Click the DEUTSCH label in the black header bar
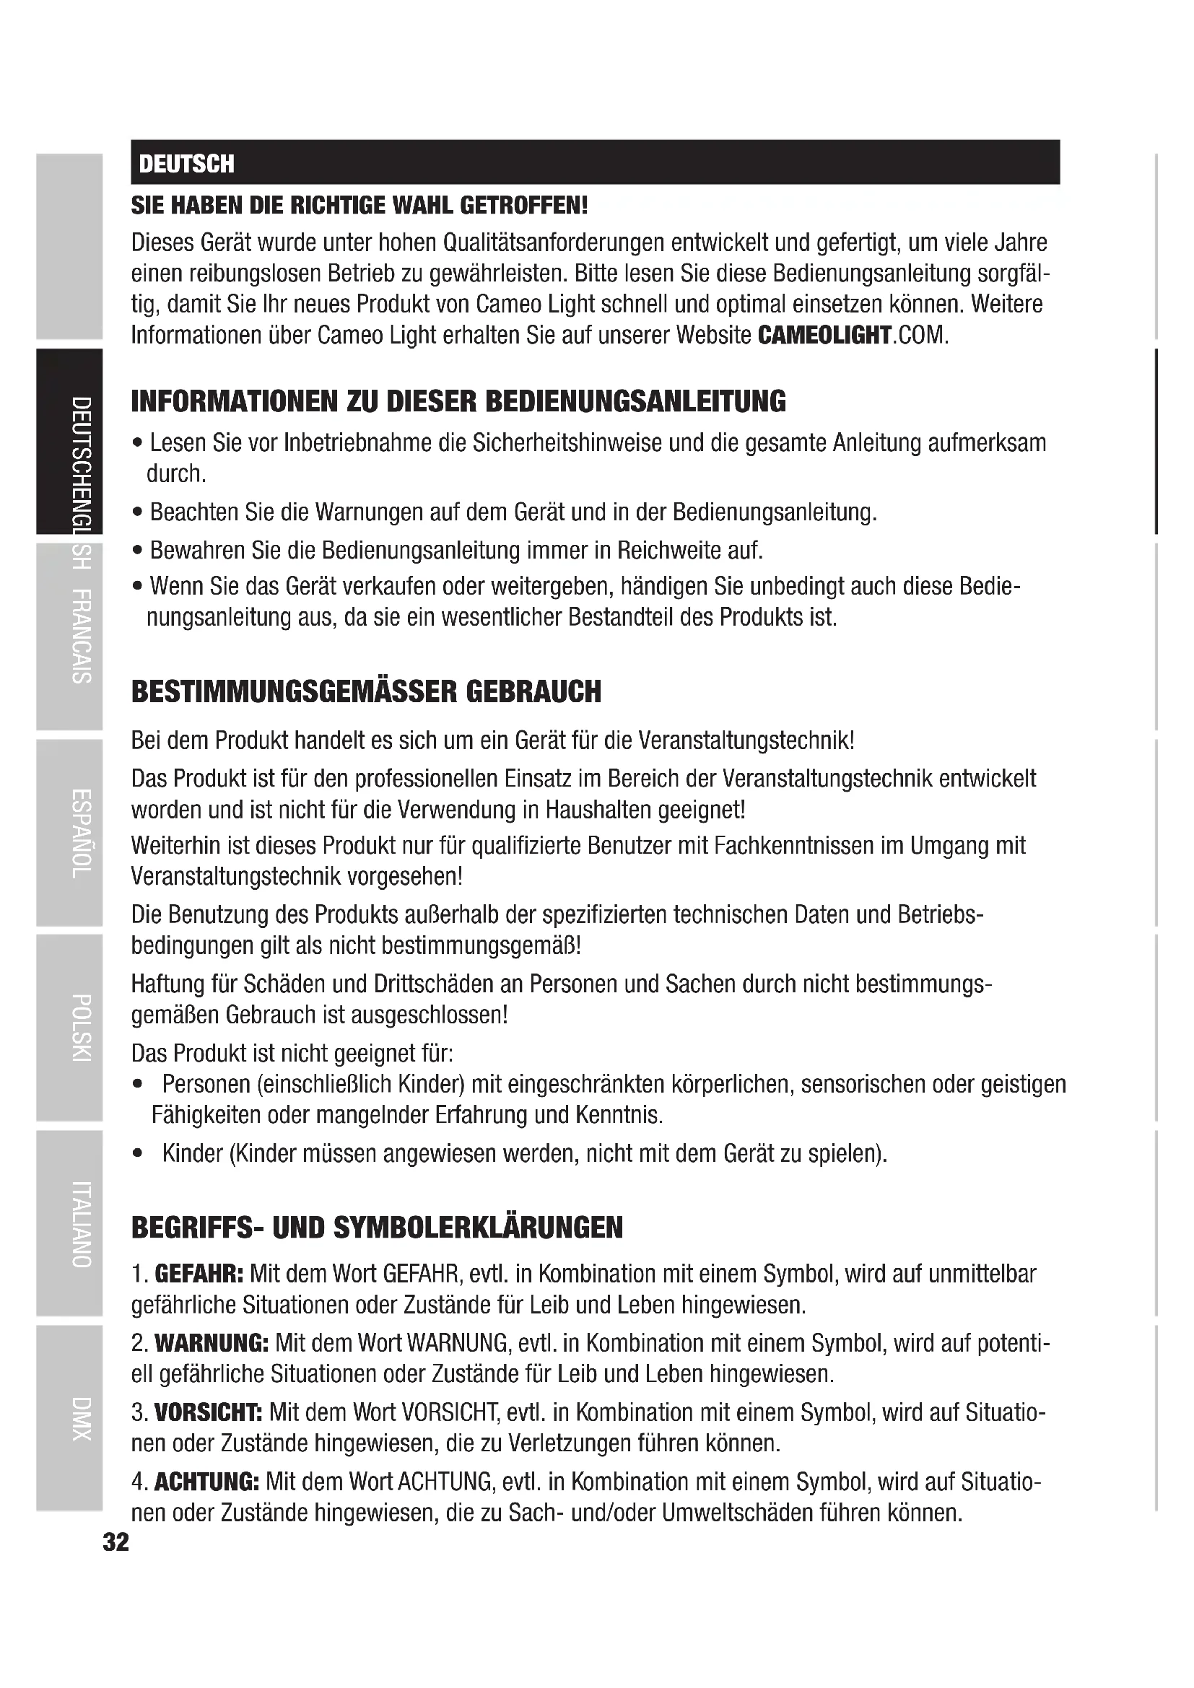tap(187, 163)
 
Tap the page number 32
tap(116, 1541)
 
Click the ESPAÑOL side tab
tap(81, 833)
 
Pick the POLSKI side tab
tap(81, 1028)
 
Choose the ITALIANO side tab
tap(81, 1224)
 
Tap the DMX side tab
tap(81, 1418)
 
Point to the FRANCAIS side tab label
tap(81, 637)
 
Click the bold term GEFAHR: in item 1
tap(199, 1273)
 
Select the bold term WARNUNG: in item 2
tap(211, 1343)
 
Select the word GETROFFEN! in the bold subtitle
tap(523, 205)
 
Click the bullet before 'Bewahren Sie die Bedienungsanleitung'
tap(137, 551)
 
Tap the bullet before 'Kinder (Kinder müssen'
tap(137, 1154)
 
